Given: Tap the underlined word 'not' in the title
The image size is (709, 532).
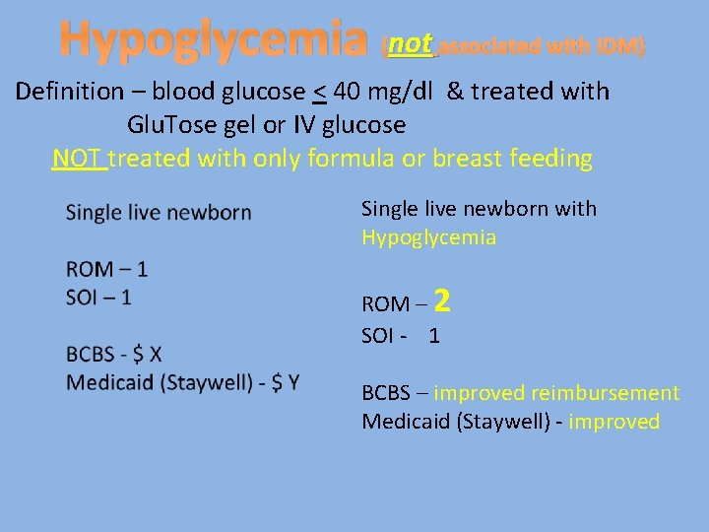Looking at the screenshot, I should (x=410, y=44).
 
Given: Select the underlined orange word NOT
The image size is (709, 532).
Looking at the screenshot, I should (x=79, y=159).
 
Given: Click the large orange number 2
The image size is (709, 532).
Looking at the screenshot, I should (x=441, y=300).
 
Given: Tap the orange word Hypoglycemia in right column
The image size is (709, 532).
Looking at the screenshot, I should (x=428, y=237).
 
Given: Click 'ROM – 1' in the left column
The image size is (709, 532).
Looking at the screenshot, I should (x=105, y=269).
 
